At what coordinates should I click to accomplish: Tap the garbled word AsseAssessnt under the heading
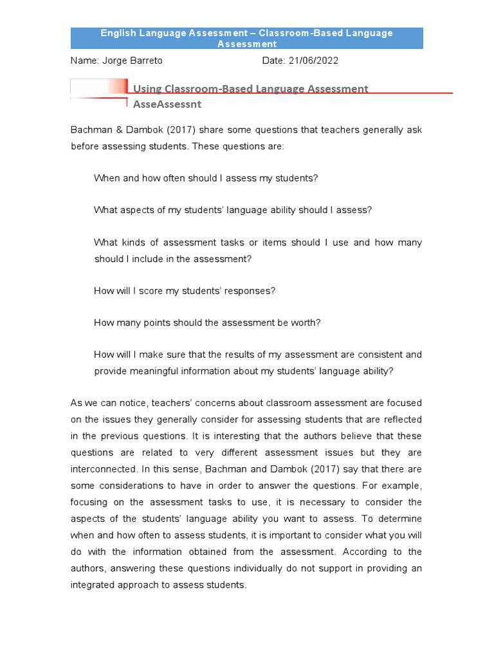167,104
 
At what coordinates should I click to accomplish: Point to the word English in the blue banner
120,33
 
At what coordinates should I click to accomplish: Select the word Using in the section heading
147,89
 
